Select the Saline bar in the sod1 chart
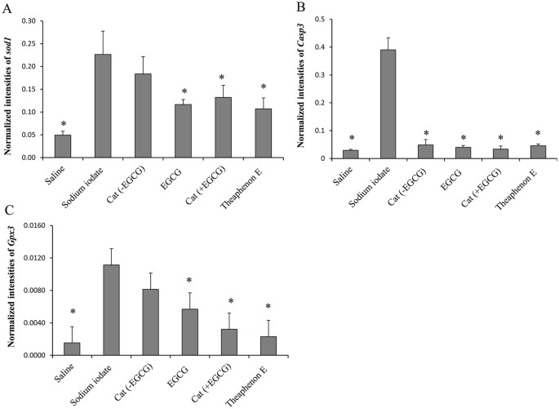pyautogui.click(x=63, y=146)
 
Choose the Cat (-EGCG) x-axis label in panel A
pyautogui.click(x=134, y=180)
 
